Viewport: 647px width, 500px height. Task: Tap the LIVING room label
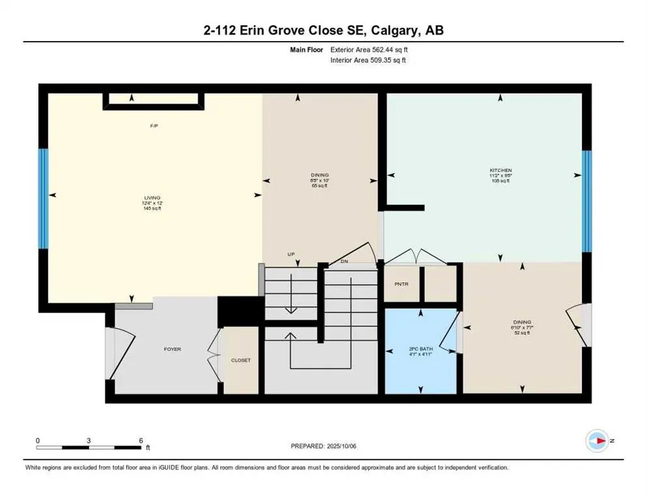[152, 197]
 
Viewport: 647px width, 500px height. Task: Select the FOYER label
[172, 350]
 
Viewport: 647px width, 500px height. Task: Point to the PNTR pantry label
[401, 285]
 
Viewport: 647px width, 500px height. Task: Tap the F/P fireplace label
[154, 126]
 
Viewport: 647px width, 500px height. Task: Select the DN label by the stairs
[345, 262]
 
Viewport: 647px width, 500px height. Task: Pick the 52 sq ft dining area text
[522, 333]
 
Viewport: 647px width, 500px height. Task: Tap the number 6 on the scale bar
[141, 441]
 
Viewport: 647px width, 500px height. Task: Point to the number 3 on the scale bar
[89, 441]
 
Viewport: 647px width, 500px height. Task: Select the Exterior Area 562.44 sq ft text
[369, 49]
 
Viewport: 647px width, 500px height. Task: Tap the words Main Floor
[306, 49]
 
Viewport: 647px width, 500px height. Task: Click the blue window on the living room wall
[43, 199]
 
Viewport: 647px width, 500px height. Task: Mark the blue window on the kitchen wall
[586, 201]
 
